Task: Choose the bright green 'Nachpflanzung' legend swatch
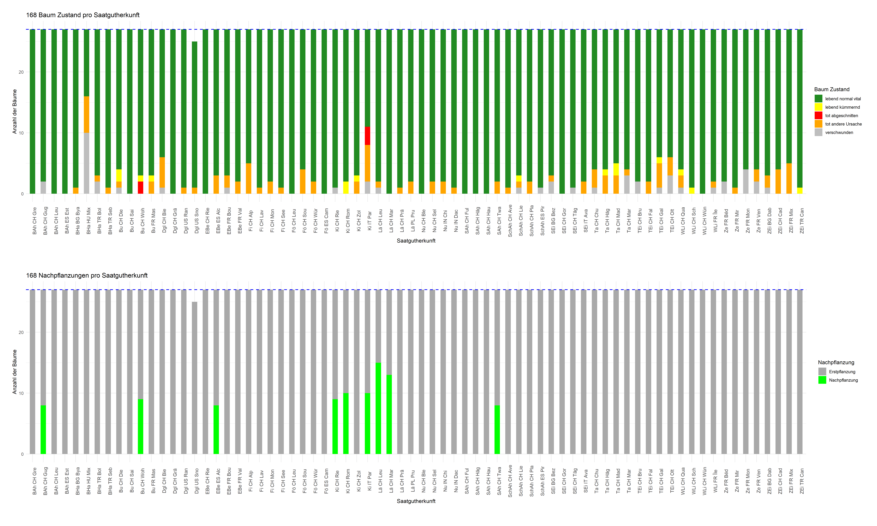[x=822, y=380]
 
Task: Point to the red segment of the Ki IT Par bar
[x=368, y=136]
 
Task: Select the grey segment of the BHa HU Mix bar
[x=87, y=163]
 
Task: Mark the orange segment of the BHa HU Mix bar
[x=87, y=114]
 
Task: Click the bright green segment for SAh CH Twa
[x=497, y=430]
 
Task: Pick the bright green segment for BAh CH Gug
[x=43, y=430]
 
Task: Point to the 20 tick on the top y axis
[x=21, y=72]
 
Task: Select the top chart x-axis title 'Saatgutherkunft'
[x=416, y=241]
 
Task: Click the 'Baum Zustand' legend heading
[x=832, y=89]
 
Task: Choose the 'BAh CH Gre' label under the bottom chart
[x=34, y=481]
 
